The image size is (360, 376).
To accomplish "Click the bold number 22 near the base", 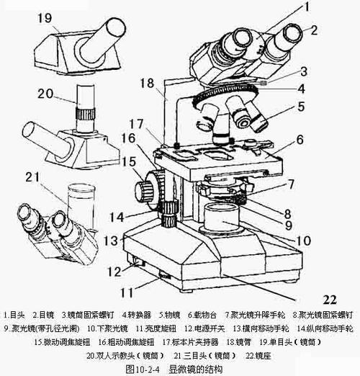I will [330, 299].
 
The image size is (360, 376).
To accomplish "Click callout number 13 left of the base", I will [110, 241].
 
